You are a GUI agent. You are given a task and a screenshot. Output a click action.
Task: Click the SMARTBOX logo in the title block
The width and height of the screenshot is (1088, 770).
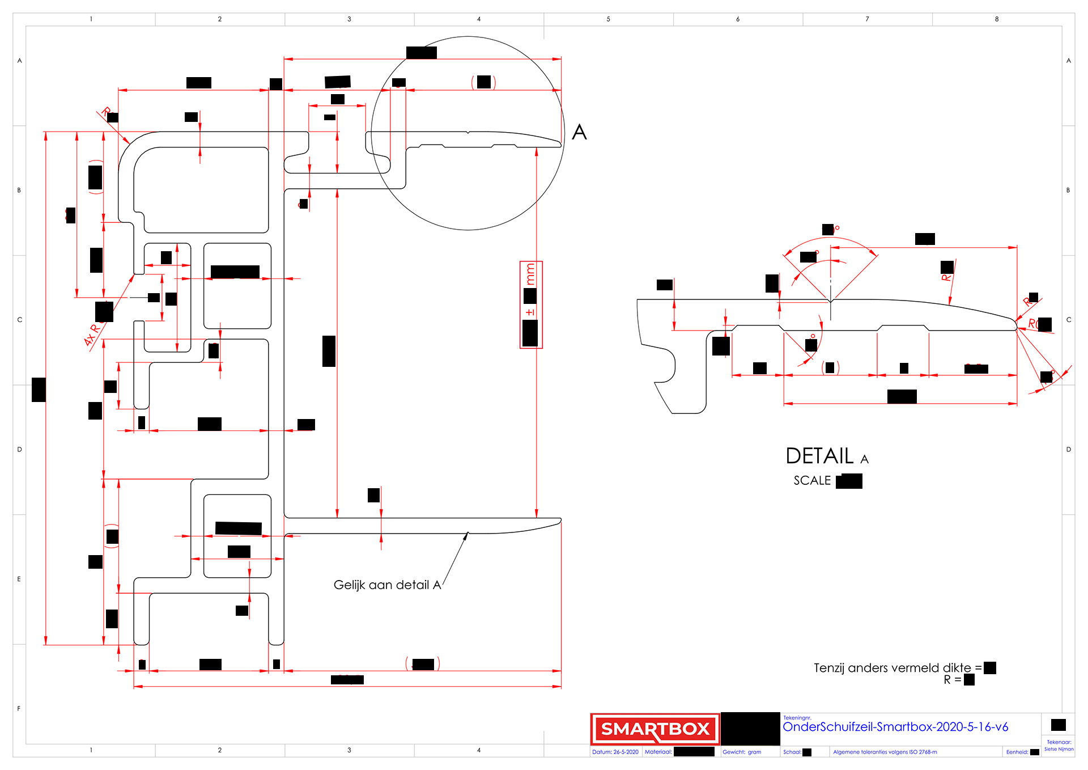(x=654, y=729)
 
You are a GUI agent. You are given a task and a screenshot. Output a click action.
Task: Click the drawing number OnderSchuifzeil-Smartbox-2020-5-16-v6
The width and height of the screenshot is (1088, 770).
(x=895, y=727)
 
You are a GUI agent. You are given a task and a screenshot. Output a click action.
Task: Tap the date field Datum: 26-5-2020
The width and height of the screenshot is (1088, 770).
(x=615, y=752)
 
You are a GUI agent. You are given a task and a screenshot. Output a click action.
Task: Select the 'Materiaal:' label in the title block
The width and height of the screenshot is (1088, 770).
(x=658, y=752)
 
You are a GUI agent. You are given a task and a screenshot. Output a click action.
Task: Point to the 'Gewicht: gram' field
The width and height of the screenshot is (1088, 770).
(x=742, y=752)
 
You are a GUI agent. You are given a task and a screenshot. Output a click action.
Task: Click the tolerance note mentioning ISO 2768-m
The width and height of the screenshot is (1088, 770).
(x=885, y=752)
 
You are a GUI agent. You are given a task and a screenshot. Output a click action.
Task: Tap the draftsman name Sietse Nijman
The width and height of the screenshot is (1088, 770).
(x=1059, y=749)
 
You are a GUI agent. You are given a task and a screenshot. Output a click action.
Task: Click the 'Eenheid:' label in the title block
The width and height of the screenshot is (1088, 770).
(x=1017, y=752)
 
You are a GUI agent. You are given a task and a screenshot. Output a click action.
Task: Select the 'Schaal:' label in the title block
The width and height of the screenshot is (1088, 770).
(x=792, y=752)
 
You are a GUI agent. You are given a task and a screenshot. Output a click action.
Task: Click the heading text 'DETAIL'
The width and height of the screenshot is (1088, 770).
(x=819, y=456)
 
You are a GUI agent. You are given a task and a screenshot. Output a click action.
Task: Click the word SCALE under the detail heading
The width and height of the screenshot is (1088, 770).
(x=812, y=480)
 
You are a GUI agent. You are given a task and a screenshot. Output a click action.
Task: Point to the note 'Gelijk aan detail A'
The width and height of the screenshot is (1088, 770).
(x=387, y=585)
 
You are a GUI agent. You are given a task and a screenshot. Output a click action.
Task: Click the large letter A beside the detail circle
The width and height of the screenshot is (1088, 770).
(x=579, y=132)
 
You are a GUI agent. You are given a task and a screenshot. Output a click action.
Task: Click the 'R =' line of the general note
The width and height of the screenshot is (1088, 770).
(x=952, y=679)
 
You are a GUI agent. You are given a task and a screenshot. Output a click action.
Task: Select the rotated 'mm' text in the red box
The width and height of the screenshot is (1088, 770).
(x=530, y=274)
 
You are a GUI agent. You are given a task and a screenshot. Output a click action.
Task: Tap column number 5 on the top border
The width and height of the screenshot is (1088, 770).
(x=608, y=19)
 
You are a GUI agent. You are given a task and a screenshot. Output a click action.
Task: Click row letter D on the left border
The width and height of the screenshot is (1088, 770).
(x=19, y=449)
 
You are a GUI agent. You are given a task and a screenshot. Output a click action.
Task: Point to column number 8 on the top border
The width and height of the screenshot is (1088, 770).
(x=997, y=19)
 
